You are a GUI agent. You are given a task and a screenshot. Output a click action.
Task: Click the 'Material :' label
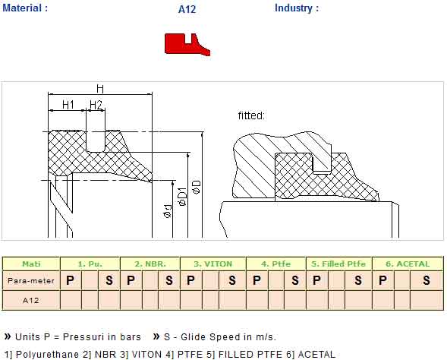click(25, 8)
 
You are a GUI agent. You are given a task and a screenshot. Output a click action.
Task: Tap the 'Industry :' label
click(297, 8)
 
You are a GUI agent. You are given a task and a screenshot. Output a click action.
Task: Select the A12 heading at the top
click(187, 9)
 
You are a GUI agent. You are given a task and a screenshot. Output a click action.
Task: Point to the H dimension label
click(100, 89)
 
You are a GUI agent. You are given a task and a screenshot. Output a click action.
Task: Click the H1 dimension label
click(68, 105)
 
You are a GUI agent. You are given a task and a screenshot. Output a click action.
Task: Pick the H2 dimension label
click(96, 105)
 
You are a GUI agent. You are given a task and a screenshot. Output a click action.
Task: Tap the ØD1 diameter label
click(182, 197)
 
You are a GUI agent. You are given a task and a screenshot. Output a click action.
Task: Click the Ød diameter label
click(168, 211)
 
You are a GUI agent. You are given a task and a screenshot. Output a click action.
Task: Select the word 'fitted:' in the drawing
click(251, 115)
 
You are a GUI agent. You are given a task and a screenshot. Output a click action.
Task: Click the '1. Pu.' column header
click(90, 264)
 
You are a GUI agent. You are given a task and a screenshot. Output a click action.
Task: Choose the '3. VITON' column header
click(213, 264)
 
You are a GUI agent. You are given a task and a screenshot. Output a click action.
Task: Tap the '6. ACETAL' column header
click(408, 264)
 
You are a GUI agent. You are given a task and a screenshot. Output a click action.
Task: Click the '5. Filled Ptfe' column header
click(338, 264)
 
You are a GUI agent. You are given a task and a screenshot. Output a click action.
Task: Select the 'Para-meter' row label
click(31, 281)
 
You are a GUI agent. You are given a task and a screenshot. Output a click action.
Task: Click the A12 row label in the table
click(31, 300)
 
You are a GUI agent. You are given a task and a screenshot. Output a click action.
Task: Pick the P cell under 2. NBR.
click(131, 280)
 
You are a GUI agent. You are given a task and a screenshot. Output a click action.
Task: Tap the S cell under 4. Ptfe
click(295, 280)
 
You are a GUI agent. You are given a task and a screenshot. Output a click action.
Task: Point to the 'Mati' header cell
click(31, 264)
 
